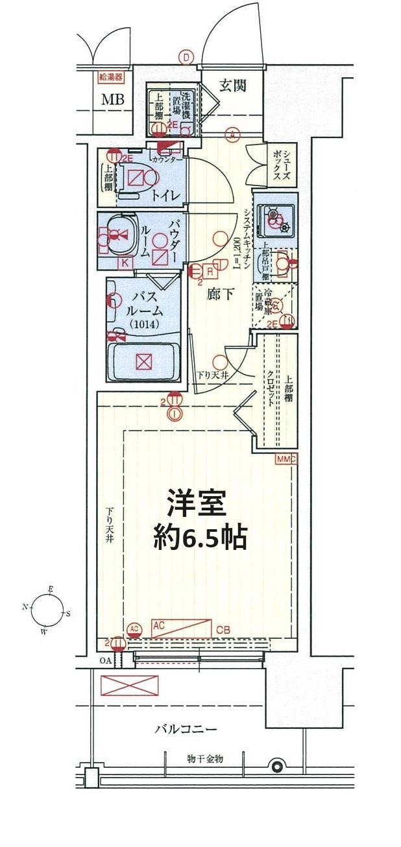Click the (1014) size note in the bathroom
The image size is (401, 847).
point(141,324)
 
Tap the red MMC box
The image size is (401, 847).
point(286,459)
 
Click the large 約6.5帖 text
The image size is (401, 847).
point(200,538)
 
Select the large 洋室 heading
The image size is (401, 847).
point(196,503)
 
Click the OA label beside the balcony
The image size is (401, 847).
point(105,662)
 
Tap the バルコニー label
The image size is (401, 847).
point(186,729)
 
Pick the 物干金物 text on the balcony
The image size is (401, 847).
point(204,758)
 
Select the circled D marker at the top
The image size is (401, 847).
point(187,58)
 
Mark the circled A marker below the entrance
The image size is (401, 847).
point(231,135)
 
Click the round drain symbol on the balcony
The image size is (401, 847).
point(278,767)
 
